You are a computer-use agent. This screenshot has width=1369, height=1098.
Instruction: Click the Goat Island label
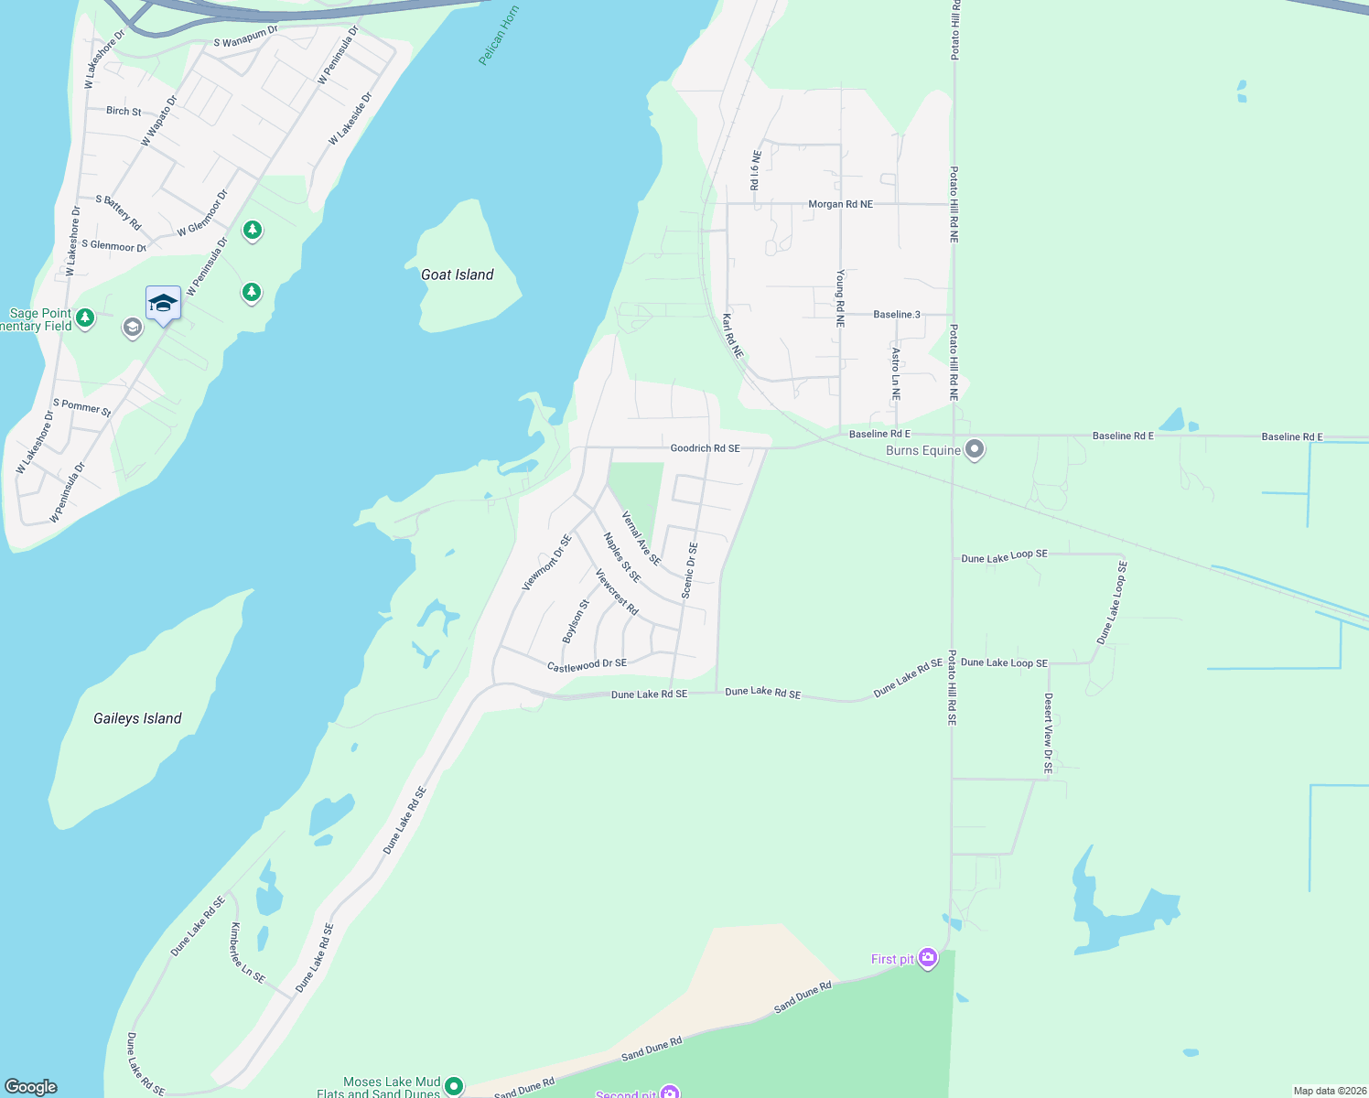457,274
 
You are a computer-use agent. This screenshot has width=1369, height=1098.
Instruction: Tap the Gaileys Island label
137,718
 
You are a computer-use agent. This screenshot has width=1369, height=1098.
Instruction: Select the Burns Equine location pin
975,449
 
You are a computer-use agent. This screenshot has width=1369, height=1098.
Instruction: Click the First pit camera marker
928,958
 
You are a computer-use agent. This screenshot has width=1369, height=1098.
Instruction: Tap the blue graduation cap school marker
163,304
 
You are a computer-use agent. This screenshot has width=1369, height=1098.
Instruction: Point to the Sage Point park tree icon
85,318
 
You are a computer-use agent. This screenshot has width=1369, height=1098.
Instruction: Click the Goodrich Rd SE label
705,448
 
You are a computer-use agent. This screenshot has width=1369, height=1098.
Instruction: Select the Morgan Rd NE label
840,204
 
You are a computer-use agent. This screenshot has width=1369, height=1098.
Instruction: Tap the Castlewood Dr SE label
587,664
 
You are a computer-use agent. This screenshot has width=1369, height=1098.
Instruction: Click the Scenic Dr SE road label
689,571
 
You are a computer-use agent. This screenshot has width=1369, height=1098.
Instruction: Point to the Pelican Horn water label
498,36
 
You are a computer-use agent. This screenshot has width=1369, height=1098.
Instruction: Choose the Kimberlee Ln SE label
247,953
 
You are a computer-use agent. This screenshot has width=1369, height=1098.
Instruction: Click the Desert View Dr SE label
1049,733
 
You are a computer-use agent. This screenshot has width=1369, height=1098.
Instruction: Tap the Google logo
31,1087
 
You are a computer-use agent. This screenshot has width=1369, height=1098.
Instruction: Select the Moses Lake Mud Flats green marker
453,1085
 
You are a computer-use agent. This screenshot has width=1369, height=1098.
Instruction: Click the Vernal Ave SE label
641,538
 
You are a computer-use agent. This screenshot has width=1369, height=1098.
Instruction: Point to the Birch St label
124,111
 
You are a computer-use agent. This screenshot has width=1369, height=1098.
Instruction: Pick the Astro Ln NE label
896,374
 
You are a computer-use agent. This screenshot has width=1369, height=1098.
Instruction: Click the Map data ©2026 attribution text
1328,1091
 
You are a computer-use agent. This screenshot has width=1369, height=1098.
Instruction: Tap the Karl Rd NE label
732,336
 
